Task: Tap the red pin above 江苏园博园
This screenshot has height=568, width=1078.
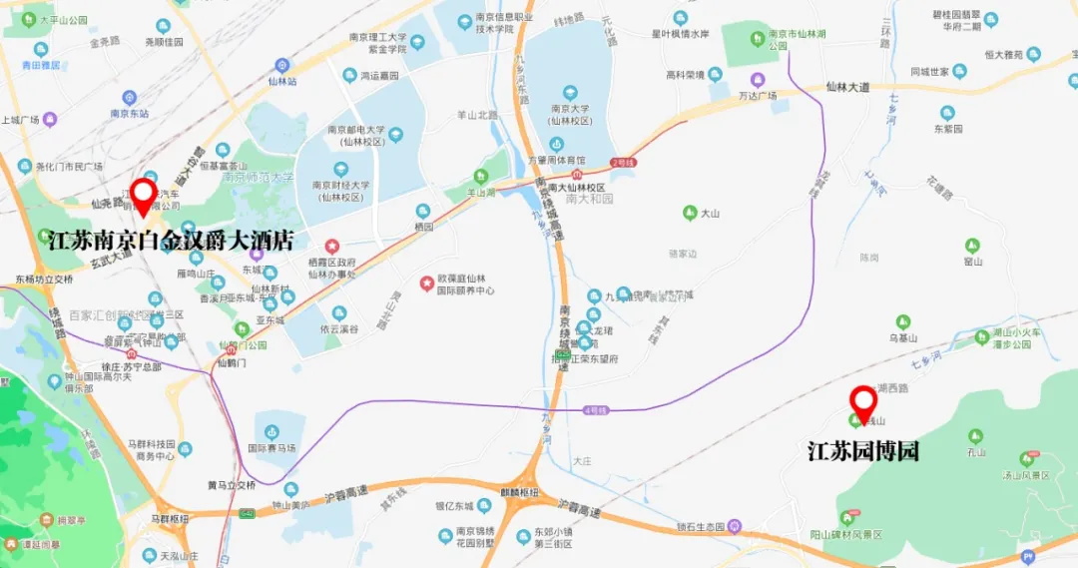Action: pyautogui.click(x=862, y=402)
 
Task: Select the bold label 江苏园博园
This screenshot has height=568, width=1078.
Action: pyautogui.click(x=862, y=450)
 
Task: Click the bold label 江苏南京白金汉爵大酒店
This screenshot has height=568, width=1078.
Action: pyautogui.click(x=171, y=241)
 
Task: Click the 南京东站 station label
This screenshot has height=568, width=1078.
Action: pyautogui.click(x=129, y=114)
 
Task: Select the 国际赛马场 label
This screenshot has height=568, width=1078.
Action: pyautogui.click(x=271, y=448)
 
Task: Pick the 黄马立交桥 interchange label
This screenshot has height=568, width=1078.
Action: pyautogui.click(x=232, y=485)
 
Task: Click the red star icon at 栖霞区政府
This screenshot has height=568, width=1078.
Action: pyautogui.click(x=332, y=246)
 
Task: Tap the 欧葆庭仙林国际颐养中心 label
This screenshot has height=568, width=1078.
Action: pyautogui.click(x=460, y=284)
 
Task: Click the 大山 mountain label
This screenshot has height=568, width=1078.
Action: pyautogui.click(x=710, y=213)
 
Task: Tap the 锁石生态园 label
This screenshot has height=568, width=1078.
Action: pyautogui.click(x=705, y=526)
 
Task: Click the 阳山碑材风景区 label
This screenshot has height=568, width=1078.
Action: pyautogui.click(x=848, y=535)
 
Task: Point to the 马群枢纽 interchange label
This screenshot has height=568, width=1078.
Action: pyautogui.click(x=170, y=519)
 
